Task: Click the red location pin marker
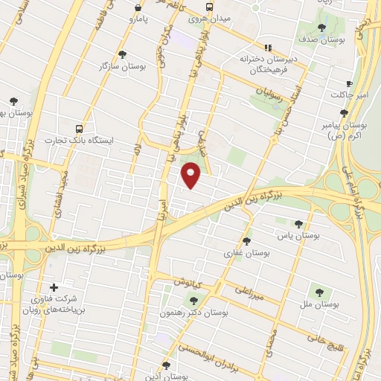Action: click(191, 176)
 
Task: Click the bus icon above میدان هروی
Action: click(210, 7)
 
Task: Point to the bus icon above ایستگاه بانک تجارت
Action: click(80, 127)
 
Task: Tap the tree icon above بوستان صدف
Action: click(321, 28)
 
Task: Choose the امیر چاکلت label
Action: click(349, 95)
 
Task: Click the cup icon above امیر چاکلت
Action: click(349, 83)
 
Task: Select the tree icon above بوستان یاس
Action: click(298, 223)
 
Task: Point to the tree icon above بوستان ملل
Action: click(320, 293)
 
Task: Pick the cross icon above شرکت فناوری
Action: click(53, 287)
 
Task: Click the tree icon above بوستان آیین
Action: click(165, 365)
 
